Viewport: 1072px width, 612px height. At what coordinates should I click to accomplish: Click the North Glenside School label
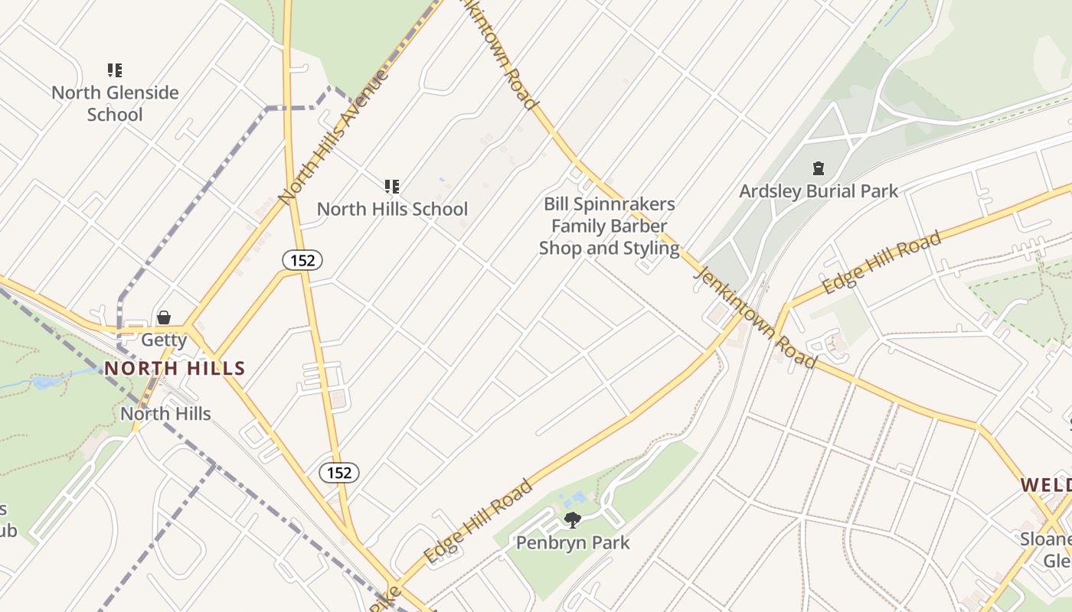[x=115, y=103]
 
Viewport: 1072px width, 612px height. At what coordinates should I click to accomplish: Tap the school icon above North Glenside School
[x=115, y=71]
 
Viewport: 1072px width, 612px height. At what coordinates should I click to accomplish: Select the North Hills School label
[x=392, y=209]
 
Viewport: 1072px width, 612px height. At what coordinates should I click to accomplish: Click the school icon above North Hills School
[x=392, y=186]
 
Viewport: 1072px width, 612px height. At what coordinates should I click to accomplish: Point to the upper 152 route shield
[x=302, y=260]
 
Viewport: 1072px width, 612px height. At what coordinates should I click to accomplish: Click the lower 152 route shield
[x=338, y=473]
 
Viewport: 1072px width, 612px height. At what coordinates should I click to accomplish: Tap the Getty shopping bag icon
[x=164, y=317]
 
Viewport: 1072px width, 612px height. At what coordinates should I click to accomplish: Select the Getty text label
[x=164, y=340]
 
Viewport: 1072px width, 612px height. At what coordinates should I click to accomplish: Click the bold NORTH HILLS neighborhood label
[x=175, y=369]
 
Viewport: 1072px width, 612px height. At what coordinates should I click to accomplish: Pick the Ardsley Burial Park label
[x=818, y=190]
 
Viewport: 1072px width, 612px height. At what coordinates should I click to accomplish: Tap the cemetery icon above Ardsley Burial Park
[x=818, y=168]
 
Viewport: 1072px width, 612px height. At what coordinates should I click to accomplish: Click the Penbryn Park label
[x=573, y=543]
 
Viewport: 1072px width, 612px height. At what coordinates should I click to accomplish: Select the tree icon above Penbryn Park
[x=572, y=521]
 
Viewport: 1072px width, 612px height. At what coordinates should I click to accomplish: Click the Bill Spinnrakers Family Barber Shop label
[x=610, y=226]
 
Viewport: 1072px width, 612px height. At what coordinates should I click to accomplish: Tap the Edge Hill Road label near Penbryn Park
[x=478, y=522]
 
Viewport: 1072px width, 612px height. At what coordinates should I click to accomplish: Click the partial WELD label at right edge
[x=1046, y=485]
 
